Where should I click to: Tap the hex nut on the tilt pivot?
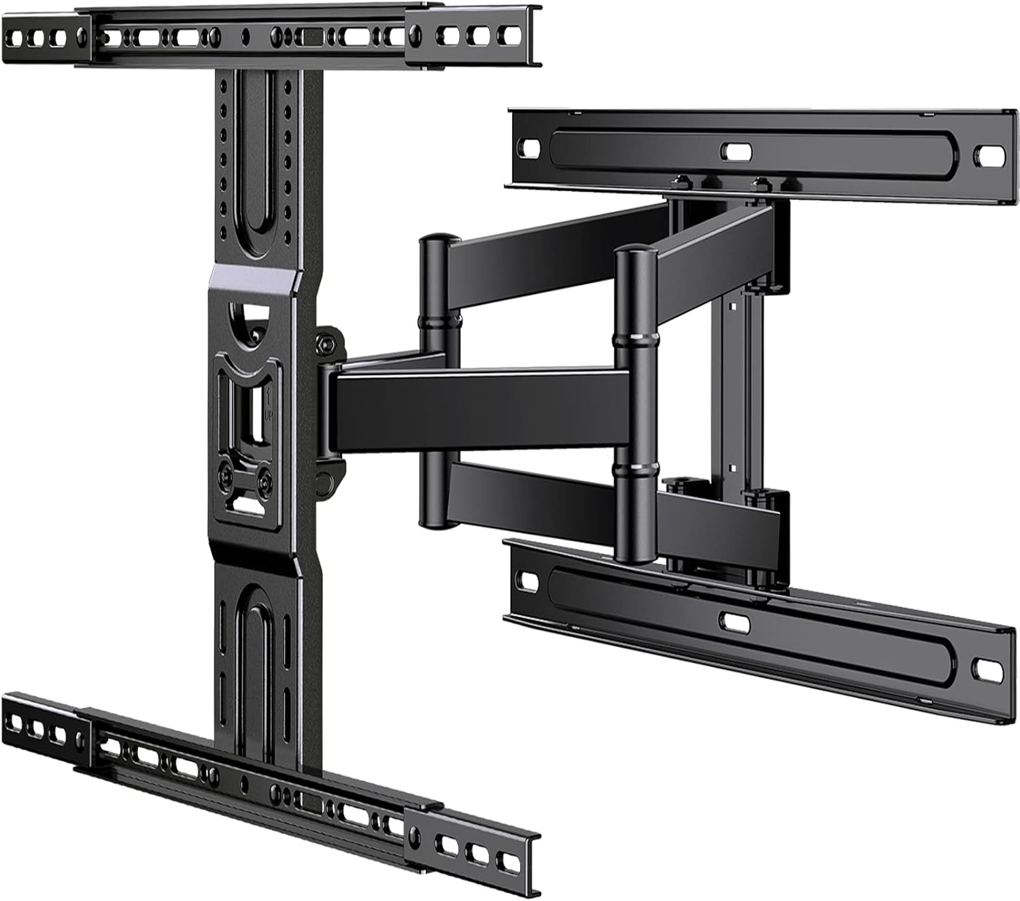pos(331,341)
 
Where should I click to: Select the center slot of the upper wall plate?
pos(733,150)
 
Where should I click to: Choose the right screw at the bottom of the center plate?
pos(264,476)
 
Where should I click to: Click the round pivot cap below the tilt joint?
pos(328,480)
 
